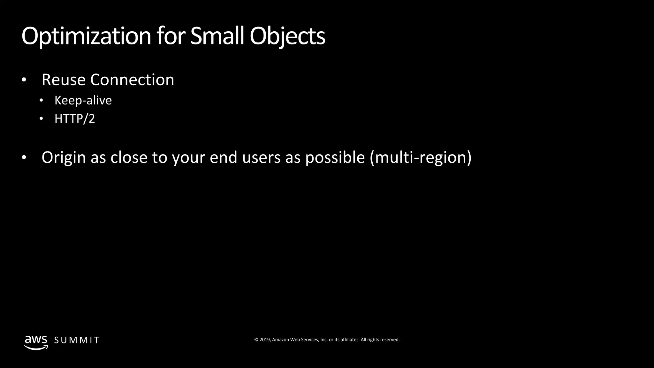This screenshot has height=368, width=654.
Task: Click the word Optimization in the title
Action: [x=86, y=36]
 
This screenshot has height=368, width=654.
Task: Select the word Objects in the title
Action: [x=287, y=36]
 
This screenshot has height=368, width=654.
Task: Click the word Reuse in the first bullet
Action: [x=63, y=80]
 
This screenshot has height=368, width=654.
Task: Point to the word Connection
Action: [x=132, y=80]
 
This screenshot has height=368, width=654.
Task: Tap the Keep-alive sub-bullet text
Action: [x=83, y=101]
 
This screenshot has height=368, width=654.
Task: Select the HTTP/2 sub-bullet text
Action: [x=75, y=119]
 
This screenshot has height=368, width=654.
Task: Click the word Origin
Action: [x=64, y=158]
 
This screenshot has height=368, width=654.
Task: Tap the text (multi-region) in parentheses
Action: [x=421, y=158]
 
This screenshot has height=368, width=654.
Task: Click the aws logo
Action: [x=36, y=342]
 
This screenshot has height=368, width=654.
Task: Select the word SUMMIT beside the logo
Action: [x=77, y=340]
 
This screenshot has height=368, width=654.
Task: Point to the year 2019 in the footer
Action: [x=265, y=340]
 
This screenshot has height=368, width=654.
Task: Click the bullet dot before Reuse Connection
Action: [x=24, y=80]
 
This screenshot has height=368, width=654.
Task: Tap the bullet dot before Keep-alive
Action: [x=41, y=101]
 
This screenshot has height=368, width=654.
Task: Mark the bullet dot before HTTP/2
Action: [x=41, y=119]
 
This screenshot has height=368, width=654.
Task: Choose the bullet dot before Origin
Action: [x=24, y=158]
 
